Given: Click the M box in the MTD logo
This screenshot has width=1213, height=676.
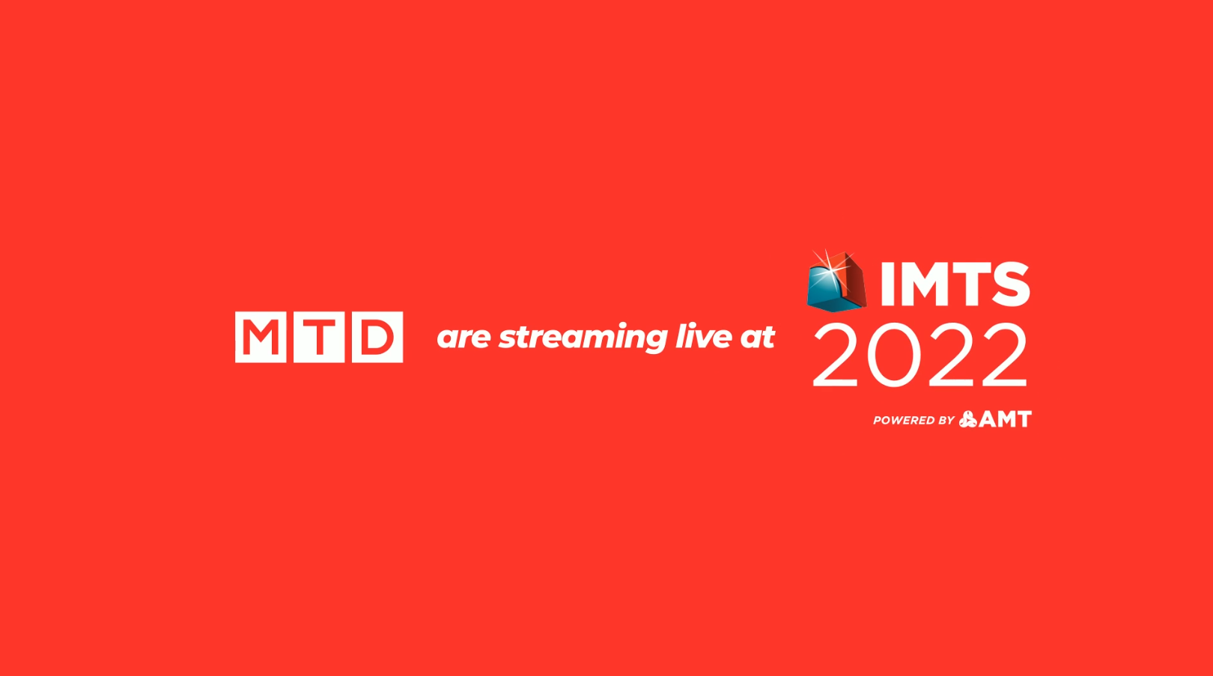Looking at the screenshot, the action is (261, 337).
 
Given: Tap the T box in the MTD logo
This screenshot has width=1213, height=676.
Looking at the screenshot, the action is (319, 337).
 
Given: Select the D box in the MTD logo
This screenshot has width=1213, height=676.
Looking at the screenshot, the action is (377, 337).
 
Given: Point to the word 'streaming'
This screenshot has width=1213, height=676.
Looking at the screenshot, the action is (583, 338).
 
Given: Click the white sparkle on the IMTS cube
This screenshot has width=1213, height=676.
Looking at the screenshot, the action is (828, 270).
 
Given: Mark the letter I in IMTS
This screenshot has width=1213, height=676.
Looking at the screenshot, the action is (889, 284).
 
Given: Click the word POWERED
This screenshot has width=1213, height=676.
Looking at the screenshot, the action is (904, 421).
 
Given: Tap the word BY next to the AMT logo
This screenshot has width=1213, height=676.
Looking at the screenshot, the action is (946, 421).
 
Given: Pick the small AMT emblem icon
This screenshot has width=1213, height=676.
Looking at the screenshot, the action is (967, 419).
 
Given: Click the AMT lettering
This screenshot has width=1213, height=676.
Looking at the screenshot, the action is (1005, 419).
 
